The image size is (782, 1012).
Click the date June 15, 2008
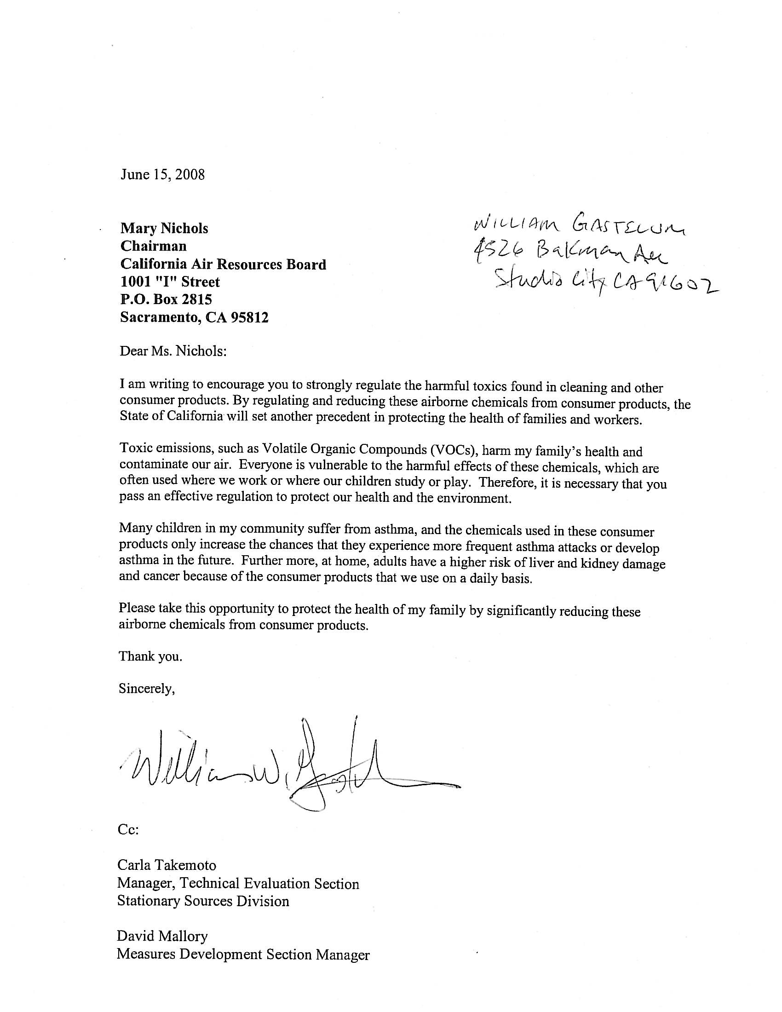pos(162,175)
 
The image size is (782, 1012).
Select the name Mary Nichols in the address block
pos(164,229)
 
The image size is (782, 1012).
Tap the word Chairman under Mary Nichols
pos(153,246)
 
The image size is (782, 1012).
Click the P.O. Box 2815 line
pos(166,299)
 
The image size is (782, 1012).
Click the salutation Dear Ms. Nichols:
pos(173,351)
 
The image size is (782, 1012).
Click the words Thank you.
pos(150,656)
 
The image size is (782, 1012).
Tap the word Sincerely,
pos(147,689)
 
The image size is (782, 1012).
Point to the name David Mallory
pos(162,936)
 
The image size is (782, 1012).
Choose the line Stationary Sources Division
pos(203,901)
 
